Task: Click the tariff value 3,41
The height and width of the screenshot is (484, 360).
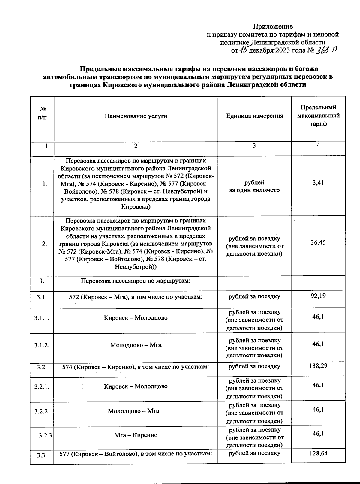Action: [318, 182]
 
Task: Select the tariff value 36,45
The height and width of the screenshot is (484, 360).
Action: [318, 242]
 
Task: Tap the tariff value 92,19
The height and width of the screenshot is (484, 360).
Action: [318, 296]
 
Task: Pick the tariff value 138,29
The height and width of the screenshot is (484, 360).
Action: [318, 366]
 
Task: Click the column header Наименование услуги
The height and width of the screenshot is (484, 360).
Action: [136, 116]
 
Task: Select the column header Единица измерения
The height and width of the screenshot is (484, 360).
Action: [254, 116]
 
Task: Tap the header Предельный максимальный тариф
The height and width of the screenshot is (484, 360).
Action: [318, 116]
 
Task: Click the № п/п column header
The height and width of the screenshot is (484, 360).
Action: [42, 113]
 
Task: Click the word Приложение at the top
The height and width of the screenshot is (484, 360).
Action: [273, 26]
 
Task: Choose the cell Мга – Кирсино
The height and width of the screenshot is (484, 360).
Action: [136, 435]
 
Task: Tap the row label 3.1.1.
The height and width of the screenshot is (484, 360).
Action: [42, 318]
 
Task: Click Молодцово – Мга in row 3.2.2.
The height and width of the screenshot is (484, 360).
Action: [133, 411]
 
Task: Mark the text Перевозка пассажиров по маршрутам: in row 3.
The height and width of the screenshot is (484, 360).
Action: [136, 281]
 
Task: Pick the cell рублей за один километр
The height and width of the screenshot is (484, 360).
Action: [254, 186]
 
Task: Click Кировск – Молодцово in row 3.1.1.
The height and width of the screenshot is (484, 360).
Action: [136, 318]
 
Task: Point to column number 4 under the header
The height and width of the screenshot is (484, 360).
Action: [318, 145]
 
